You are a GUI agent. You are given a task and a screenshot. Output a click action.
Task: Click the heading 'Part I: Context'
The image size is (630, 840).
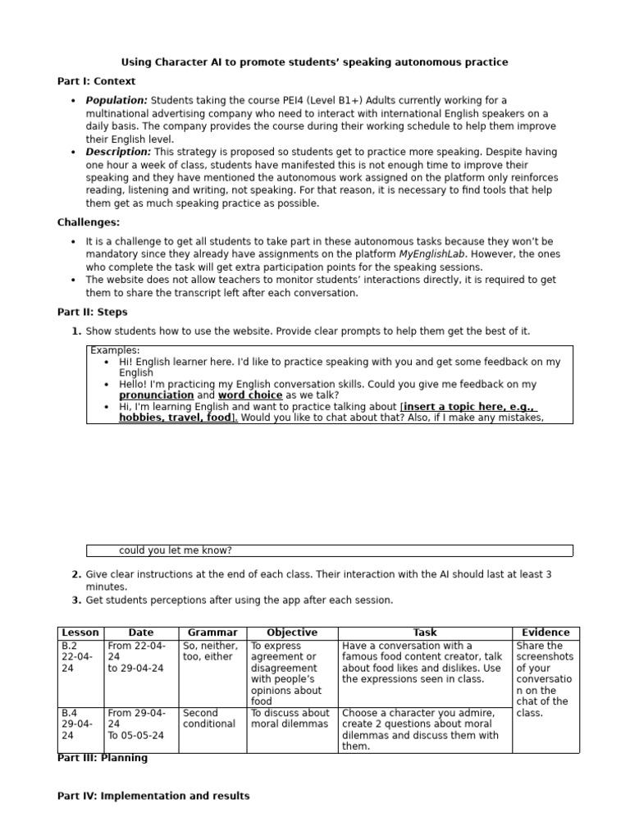[96, 82]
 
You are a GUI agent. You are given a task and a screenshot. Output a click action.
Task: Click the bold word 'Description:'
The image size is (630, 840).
[118, 153]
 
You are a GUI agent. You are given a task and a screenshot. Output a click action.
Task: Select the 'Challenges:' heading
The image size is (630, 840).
[88, 222]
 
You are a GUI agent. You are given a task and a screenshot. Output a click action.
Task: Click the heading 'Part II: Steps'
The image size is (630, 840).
[92, 313]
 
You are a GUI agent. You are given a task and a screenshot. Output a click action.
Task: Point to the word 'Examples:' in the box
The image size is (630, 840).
[115, 351]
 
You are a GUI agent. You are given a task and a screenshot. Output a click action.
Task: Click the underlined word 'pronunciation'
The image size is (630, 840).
[157, 395]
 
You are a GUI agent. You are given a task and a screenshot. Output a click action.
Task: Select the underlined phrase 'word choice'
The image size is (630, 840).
[250, 395]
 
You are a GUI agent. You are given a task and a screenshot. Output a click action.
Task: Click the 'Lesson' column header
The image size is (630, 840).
[80, 633]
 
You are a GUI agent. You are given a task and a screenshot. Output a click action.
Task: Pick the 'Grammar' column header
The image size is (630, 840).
[212, 633]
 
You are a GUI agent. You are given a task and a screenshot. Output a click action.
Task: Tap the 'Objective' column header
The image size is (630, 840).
[292, 633]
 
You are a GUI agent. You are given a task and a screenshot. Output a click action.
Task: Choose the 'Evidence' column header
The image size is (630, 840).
[546, 633]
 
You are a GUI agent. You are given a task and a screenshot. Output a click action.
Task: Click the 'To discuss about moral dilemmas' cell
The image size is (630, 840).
[290, 719]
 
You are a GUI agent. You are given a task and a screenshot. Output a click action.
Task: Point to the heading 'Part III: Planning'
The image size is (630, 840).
[103, 759]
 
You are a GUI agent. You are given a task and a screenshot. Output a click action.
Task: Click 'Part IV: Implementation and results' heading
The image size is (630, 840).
[153, 797]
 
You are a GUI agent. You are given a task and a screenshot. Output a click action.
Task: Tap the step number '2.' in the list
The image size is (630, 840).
[76, 575]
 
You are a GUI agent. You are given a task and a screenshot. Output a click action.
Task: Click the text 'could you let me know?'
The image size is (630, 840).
[176, 550]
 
